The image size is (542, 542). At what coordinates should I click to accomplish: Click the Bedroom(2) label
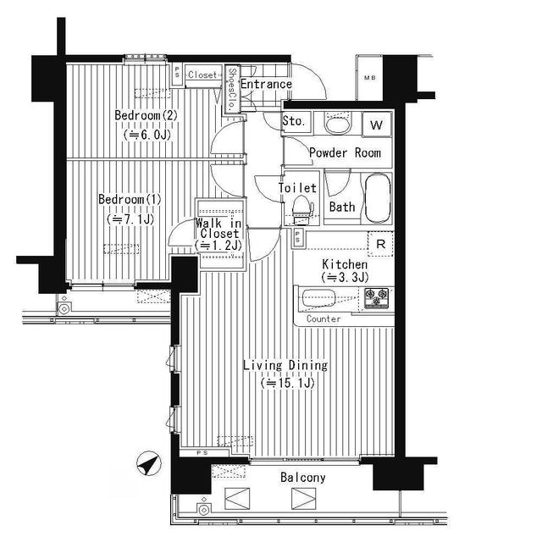pyautogui.click(x=145, y=116)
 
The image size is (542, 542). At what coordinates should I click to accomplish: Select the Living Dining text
pyautogui.click(x=285, y=366)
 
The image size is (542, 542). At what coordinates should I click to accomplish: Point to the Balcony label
pyautogui.click(x=302, y=478)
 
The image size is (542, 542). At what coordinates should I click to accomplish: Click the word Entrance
pyautogui.click(x=266, y=85)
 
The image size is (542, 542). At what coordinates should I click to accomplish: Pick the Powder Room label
pyautogui.click(x=345, y=153)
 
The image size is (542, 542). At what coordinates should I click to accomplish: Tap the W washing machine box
pyautogui.click(x=377, y=125)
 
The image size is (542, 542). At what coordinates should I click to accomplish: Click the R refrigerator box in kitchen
pyautogui.click(x=381, y=244)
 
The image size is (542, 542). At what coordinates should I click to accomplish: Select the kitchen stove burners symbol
pyautogui.click(x=376, y=298)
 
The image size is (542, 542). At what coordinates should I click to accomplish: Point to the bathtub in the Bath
pyautogui.click(x=376, y=196)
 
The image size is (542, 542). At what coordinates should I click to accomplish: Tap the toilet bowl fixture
pyautogui.click(x=301, y=207)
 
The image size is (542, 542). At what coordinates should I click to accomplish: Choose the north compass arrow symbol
pyautogui.click(x=147, y=464)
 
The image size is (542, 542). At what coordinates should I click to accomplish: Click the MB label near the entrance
pyautogui.click(x=370, y=79)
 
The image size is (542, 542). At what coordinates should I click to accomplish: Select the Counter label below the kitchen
pyautogui.click(x=324, y=319)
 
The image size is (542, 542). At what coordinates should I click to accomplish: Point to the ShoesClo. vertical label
pyautogui.click(x=231, y=89)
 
